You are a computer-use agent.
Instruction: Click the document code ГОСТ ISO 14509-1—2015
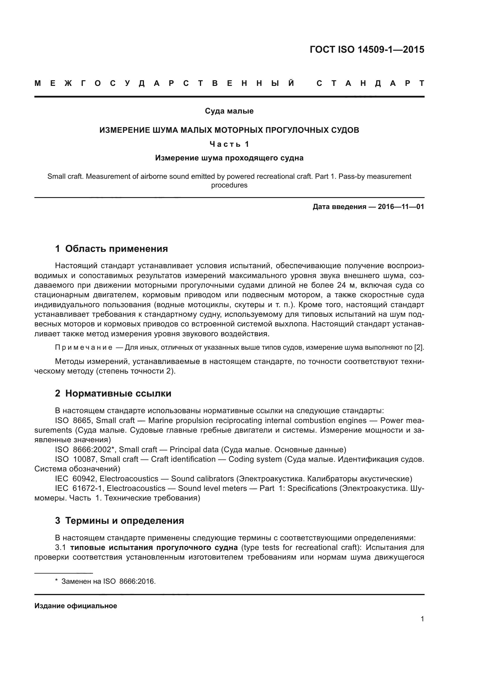tap(367, 49)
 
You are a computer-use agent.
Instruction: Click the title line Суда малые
tap(229, 111)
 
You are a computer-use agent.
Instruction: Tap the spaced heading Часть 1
tap(229, 144)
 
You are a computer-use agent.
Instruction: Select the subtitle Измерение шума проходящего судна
tap(229, 158)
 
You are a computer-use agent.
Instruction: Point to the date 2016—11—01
tap(401, 207)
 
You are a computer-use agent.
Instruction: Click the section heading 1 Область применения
tap(111, 249)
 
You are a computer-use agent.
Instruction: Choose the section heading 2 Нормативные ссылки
tap(113, 394)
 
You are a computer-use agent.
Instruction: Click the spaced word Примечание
tap(84, 347)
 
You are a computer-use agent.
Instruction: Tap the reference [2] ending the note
tap(419, 347)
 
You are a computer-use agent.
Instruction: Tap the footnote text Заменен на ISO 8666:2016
tap(108, 581)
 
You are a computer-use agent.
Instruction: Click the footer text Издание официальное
tap(76, 606)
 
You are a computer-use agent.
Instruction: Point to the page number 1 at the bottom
tap(422, 619)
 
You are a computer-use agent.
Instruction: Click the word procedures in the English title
tap(229, 185)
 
